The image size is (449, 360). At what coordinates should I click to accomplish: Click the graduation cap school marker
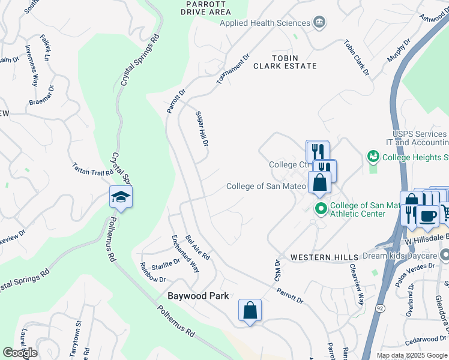click(121, 197)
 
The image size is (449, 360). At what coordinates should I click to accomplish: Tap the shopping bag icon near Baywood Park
click(250, 311)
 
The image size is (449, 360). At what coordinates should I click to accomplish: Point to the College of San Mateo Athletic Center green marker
click(321, 209)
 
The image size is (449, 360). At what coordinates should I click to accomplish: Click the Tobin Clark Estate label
click(285, 61)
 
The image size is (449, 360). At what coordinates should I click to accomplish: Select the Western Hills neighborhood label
click(319, 257)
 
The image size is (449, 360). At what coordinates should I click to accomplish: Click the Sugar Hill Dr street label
click(202, 130)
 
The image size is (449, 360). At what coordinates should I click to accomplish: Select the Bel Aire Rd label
click(197, 247)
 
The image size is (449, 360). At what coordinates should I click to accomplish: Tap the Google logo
click(20, 352)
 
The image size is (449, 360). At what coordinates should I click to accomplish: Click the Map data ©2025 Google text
click(411, 355)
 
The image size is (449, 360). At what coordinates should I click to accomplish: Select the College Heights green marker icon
click(373, 157)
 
